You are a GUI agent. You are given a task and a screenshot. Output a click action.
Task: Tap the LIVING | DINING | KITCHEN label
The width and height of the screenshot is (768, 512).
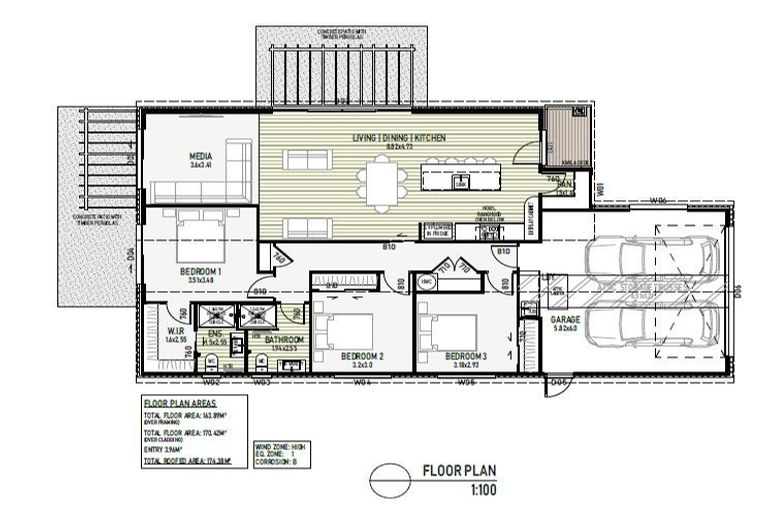tap(398, 137)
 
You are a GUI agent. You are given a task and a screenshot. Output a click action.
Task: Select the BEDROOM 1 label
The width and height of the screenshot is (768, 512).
tap(201, 270)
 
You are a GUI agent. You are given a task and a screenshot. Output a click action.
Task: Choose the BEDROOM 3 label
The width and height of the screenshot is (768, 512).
tap(465, 356)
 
